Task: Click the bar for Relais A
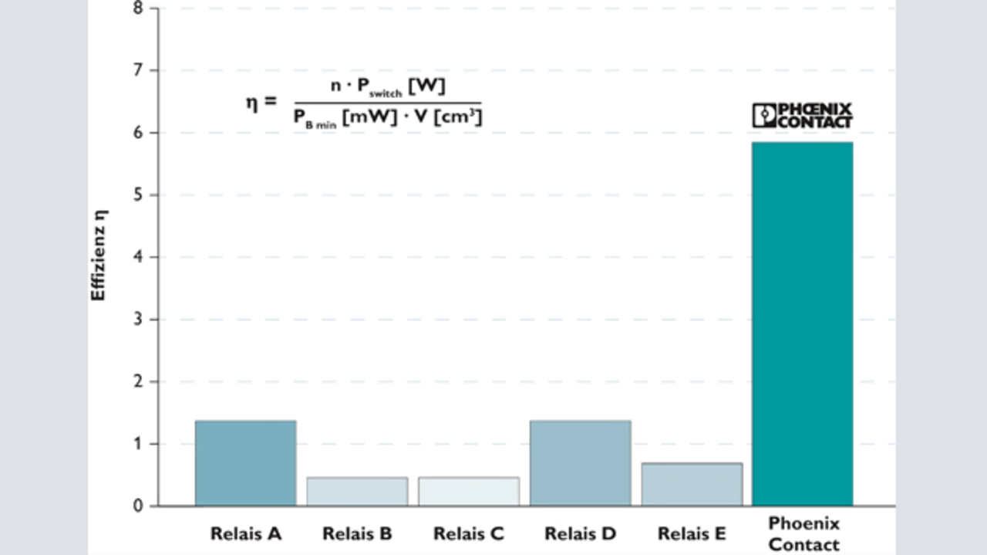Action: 245,463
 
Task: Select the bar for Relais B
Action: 357,492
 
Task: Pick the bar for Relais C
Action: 469,492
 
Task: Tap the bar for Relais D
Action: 580,463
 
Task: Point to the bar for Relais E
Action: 692,485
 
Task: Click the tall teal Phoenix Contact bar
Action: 803,324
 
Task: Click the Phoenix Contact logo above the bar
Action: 803,116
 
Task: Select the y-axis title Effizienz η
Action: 99,255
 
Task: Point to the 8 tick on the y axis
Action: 138,8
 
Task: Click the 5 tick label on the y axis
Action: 138,195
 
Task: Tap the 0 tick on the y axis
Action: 138,506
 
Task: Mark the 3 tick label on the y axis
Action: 138,320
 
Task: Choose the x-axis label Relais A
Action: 245,534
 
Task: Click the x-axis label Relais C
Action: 469,534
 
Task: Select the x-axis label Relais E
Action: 692,534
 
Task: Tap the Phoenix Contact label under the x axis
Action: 803,534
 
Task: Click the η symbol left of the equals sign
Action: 251,102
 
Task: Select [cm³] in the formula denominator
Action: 461,118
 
